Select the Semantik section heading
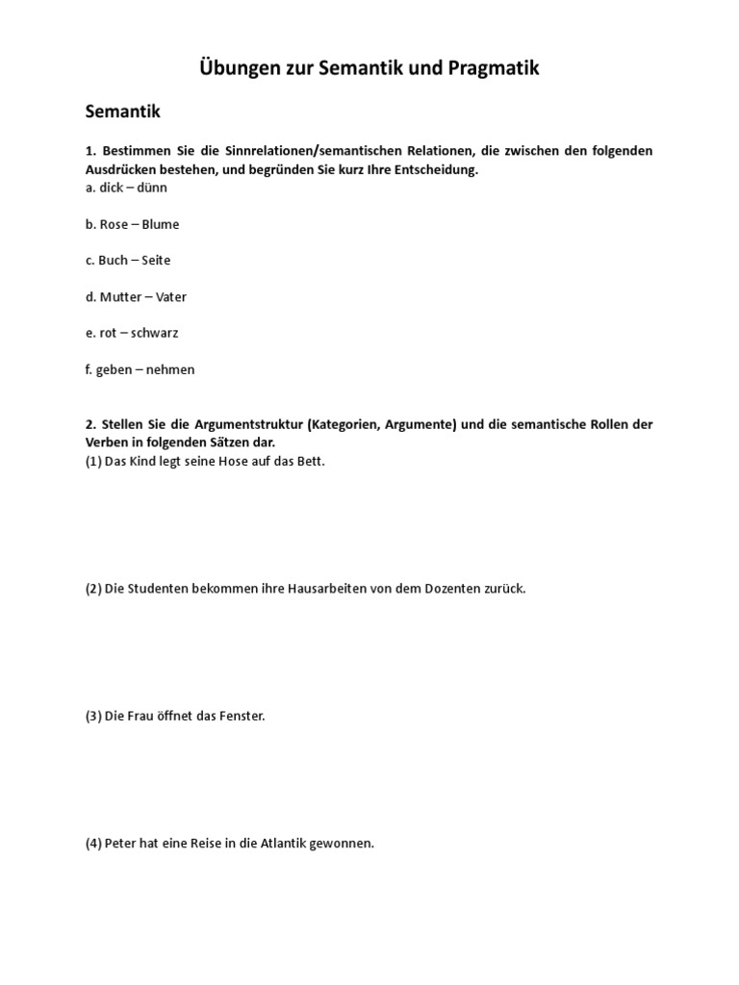(122, 112)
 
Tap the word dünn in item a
(152, 188)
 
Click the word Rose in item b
(114, 224)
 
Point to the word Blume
(160, 224)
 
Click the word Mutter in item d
(119, 297)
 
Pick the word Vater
(171, 297)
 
